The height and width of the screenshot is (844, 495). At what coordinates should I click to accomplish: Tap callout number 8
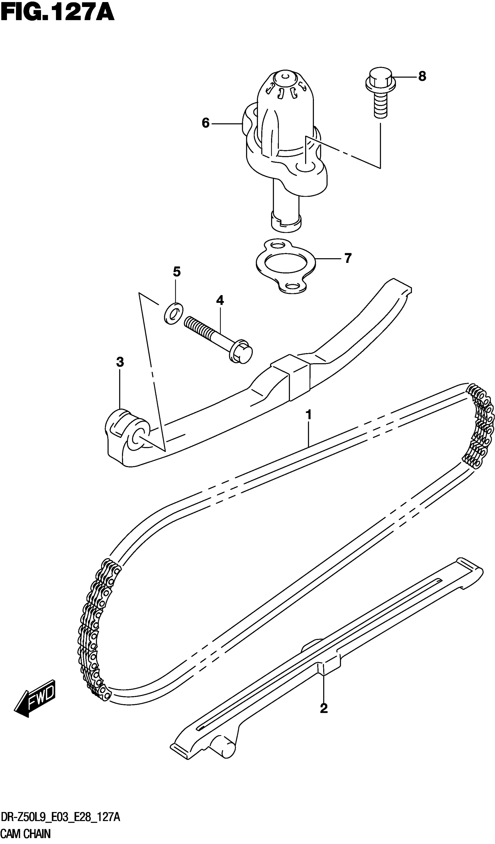[x=422, y=77]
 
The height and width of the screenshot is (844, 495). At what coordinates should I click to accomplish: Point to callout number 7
[x=348, y=258]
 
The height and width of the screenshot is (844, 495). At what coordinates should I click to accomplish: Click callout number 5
[x=177, y=272]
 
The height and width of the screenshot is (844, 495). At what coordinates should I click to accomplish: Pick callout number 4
[x=220, y=300]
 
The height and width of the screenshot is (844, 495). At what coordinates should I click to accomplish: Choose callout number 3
[x=120, y=362]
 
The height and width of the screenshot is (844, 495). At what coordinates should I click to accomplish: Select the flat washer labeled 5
[x=173, y=313]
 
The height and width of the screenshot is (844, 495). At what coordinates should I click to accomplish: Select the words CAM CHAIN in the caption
[x=25, y=833]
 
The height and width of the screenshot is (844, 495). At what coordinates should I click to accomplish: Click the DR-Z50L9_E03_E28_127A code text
[x=60, y=818]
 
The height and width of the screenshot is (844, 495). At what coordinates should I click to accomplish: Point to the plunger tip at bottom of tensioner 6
[x=285, y=222]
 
